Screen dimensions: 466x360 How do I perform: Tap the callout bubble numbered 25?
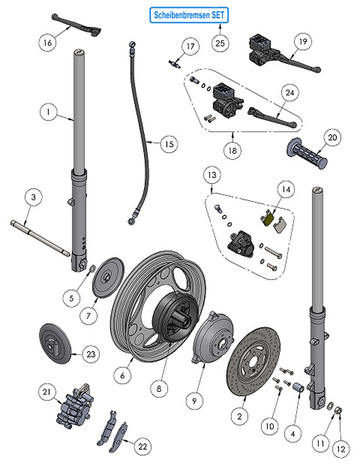(219, 42)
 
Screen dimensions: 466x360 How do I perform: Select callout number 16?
(46, 43)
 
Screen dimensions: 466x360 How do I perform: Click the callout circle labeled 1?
(48, 112)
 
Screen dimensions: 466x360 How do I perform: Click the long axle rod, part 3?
(39, 238)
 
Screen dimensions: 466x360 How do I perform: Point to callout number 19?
(302, 42)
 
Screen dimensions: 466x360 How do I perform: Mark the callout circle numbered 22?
(143, 446)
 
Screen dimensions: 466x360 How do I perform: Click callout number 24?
(289, 93)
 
